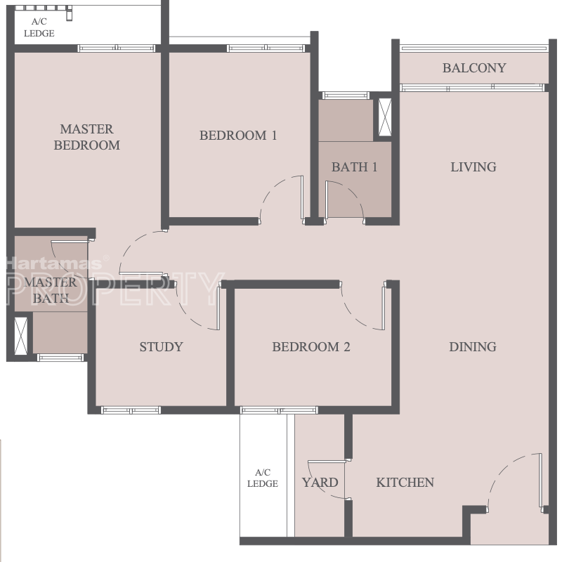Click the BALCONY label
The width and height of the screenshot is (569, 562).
474,68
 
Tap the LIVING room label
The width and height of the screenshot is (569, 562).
473,167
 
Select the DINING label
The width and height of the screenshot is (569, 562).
473,347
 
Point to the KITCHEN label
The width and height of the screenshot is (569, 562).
405,482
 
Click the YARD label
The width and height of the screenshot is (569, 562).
320,482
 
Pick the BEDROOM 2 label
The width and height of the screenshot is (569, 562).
311,347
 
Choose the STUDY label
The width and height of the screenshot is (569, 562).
161,347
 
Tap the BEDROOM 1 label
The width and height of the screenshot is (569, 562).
238,136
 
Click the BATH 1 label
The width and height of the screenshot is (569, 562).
355,167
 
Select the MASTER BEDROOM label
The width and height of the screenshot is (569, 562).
86,137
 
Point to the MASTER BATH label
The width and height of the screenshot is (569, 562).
51,290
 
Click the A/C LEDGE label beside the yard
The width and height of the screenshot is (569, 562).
262,478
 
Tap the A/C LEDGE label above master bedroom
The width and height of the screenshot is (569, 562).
39,27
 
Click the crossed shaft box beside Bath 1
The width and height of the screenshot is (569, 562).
385,117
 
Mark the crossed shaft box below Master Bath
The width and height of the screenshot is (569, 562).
20,336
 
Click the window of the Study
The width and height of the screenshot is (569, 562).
131,410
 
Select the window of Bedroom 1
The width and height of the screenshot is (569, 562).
266,48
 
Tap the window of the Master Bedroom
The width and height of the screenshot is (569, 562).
117,48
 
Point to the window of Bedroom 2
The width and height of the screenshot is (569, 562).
279,410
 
